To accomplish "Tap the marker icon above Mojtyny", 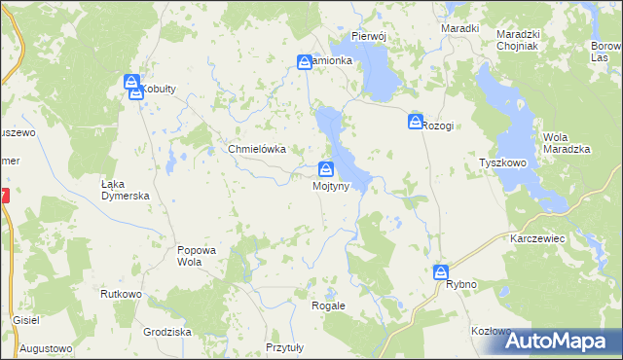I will pyautogui.click(x=326, y=168).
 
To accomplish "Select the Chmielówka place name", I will pyautogui.click(x=256, y=149).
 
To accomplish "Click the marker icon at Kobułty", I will pyautogui.click(x=132, y=84).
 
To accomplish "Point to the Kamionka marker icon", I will pyautogui.click(x=305, y=62).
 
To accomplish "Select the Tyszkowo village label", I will pyautogui.click(x=502, y=163).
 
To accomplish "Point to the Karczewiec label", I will pyautogui.click(x=537, y=237).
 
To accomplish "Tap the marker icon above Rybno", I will pyautogui.click(x=441, y=272).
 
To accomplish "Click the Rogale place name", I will pyautogui.click(x=328, y=306).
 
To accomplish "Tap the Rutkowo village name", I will pyautogui.click(x=122, y=293).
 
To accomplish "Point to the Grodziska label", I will pyautogui.click(x=166, y=331).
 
